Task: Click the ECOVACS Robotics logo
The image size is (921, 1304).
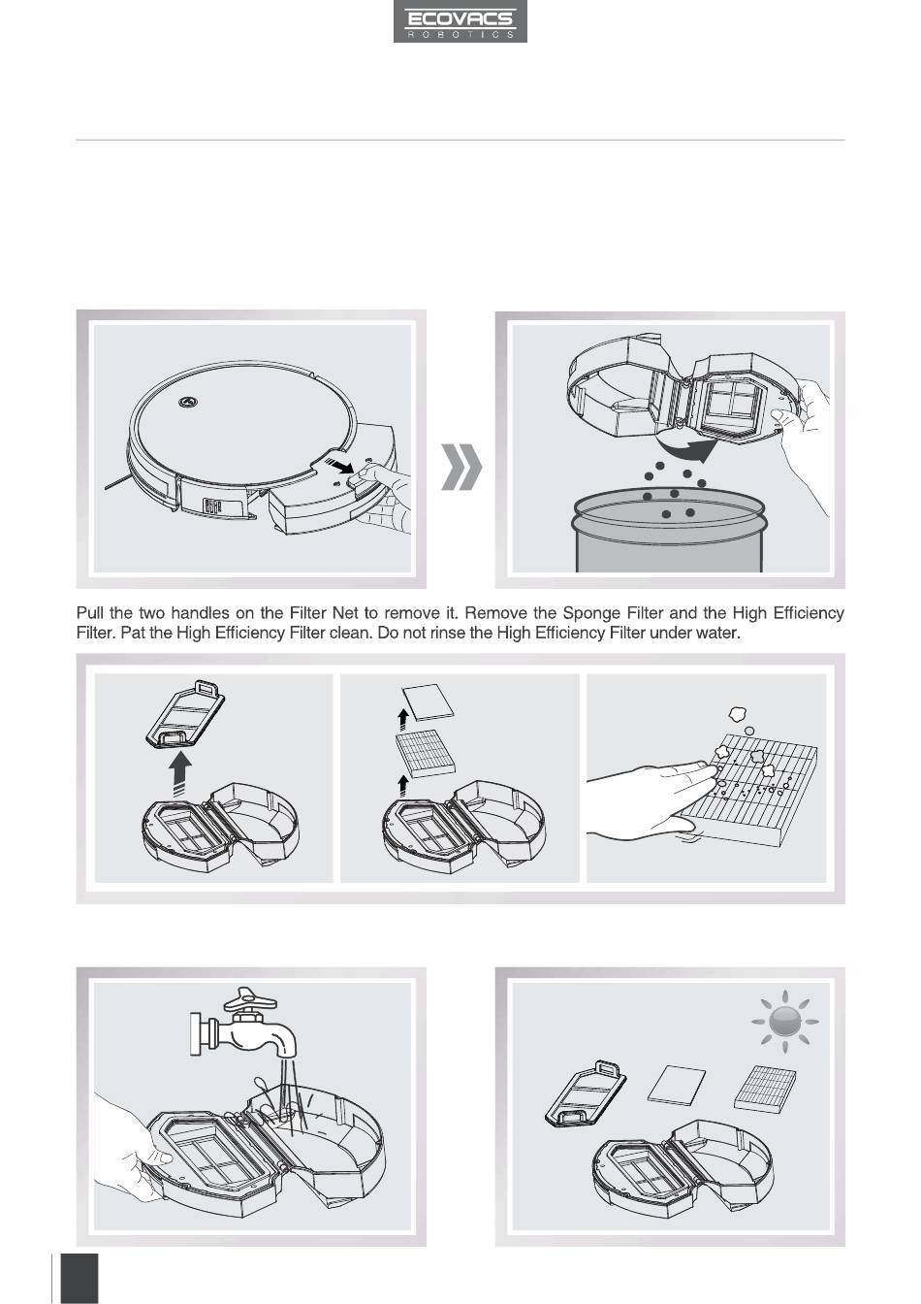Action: pos(460,21)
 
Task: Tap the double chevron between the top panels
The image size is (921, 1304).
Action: pos(462,467)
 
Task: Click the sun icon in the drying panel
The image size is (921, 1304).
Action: pos(785,1021)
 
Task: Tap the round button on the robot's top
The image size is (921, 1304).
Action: pos(188,402)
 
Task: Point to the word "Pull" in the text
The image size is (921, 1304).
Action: pos(90,613)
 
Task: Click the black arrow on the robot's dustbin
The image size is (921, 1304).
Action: pos(339,465)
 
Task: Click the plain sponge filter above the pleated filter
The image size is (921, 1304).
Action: pos(428,703)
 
